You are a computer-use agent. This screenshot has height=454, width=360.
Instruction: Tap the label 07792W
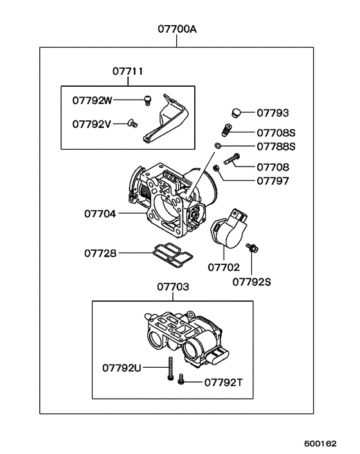[x=92, y=100]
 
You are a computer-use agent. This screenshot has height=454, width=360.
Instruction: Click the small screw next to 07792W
[x=147, y=99]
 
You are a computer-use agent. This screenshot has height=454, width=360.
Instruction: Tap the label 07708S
[x=276, y=134]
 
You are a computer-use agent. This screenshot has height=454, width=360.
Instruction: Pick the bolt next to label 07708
[x=232, y=156]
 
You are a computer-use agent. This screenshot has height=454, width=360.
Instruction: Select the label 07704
[x=100, y=212]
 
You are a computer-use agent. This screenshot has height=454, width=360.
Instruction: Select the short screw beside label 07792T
[x=181, y=380]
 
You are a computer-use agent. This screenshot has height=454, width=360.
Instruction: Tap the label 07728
[x=100, y=253]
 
